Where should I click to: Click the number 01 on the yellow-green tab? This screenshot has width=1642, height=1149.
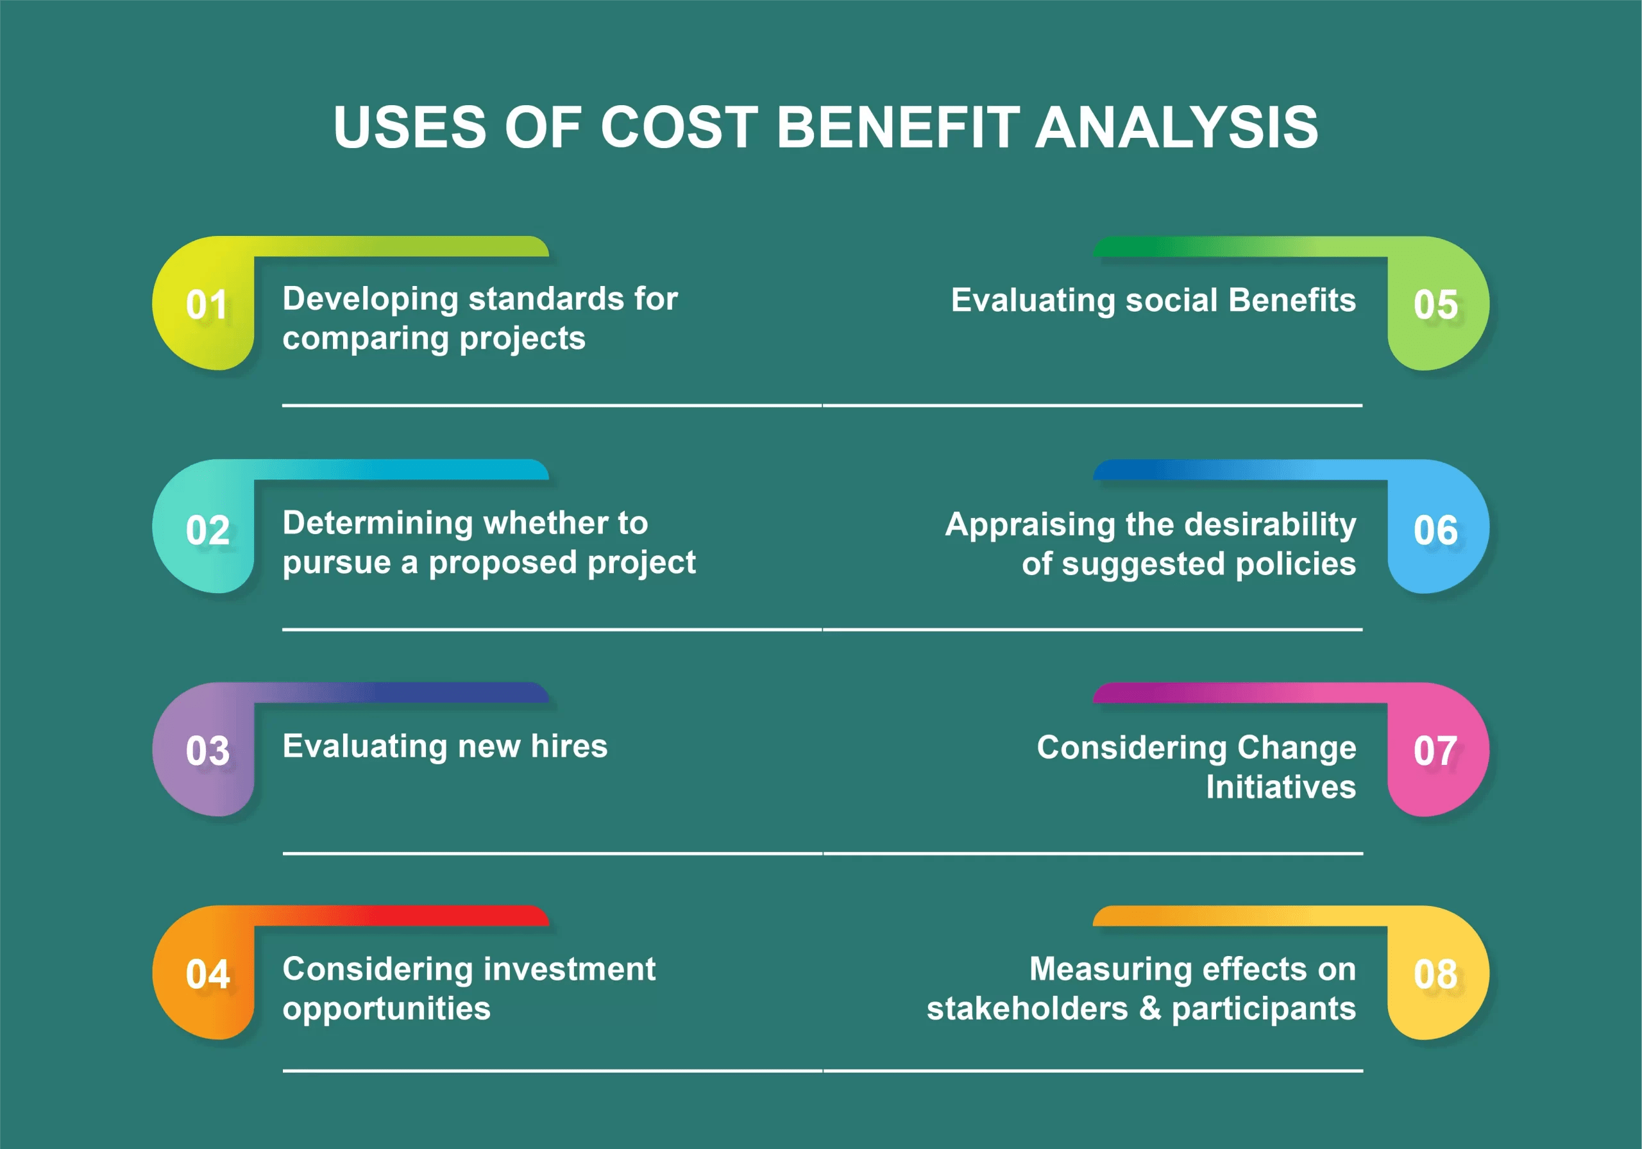pyautogui.click(x=207, y=305)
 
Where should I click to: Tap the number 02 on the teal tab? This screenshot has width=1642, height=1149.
pyautogui.click(x=207, y=530)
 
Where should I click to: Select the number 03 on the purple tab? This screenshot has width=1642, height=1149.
pyautogui.click(x=207, y=751)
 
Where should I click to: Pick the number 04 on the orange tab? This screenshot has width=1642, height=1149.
pyautogui.click(x=207, y=974)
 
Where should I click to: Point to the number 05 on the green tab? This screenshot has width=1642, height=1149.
pyautogui.click(x=1435, y=305)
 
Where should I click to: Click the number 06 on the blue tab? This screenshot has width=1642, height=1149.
pyautogui.click(x=1435, y=530)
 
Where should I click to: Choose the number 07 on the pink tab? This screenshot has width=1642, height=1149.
pyautogui.click(x=1435, y=751)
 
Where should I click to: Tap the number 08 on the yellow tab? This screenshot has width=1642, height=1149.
pyautogui.click(x=1435, y=974)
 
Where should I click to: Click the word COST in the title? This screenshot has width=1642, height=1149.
pyautogui.click(x=679, y=127)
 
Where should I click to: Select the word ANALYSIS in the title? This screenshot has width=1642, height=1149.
pyautogui.click(x=1176, y=127)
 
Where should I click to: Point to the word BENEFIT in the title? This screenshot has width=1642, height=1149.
pyautogui.click(x=898, y=127)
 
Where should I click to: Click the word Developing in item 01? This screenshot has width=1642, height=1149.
pyautogui.click(x=369, y=299)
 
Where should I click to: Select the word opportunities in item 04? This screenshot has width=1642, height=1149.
pyautogui.click(x=386, y=1009)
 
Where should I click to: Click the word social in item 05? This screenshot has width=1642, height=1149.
pyautogui.click(x=1171, y=300)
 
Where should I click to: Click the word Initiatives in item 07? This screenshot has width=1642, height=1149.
pyautogui.click(x=1280, y=787)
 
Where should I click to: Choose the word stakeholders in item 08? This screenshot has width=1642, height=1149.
pyautogui.click(x=1027, y=1009)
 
